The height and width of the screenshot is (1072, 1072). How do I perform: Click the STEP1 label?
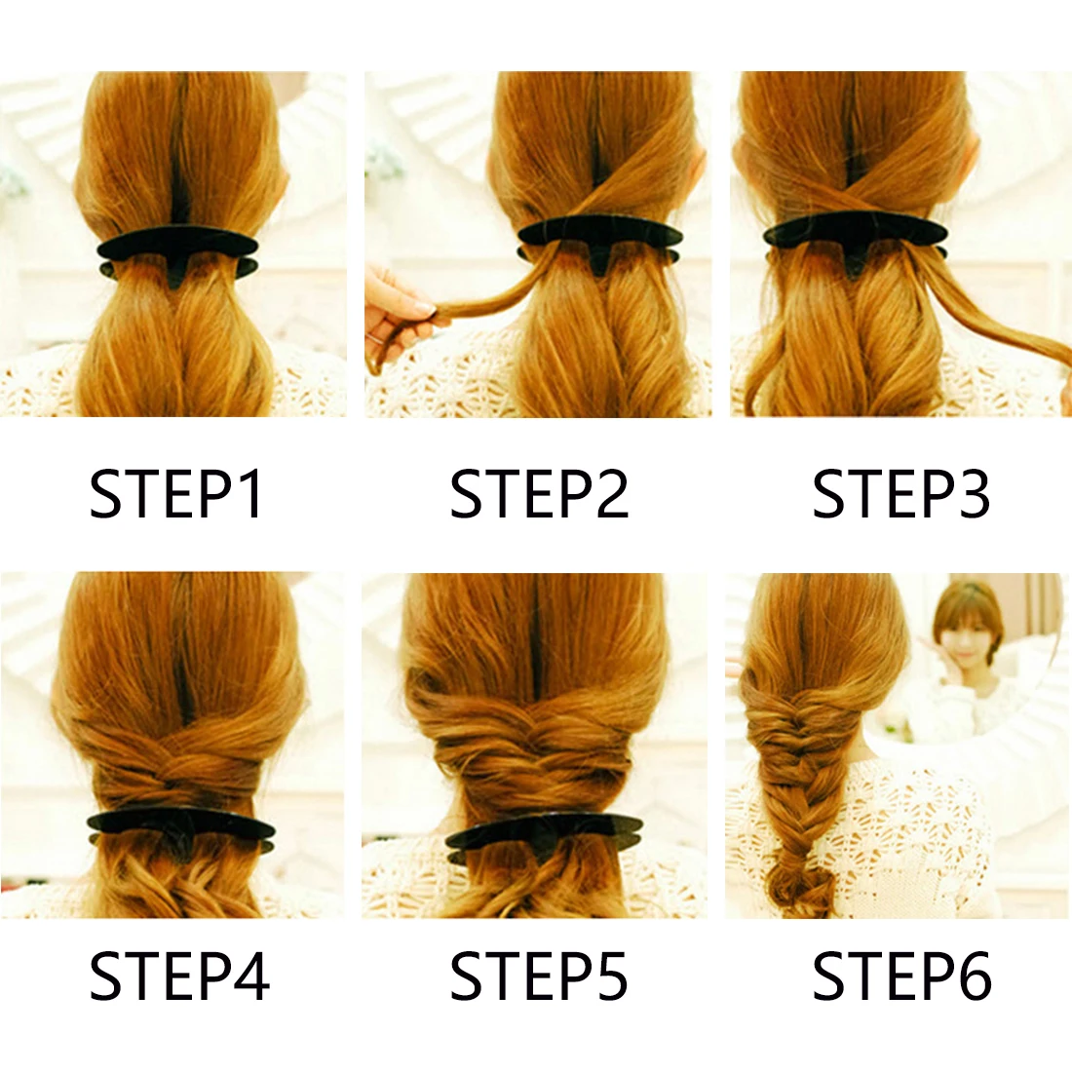176,493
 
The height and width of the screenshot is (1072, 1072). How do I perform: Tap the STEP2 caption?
539,493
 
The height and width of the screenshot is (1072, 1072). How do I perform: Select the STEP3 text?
901,493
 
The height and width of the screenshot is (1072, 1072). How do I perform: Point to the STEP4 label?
179,976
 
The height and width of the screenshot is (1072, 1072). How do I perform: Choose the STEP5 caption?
539,976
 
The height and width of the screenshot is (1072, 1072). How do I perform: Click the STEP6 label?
901,976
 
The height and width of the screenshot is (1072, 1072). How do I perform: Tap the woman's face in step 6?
968,629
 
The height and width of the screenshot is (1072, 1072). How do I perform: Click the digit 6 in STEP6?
971,976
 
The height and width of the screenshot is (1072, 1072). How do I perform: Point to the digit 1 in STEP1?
250,493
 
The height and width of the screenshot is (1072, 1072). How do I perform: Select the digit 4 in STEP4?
250,976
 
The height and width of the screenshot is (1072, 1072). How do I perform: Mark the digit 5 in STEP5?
610,976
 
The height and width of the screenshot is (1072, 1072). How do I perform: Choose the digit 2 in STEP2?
610,493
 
